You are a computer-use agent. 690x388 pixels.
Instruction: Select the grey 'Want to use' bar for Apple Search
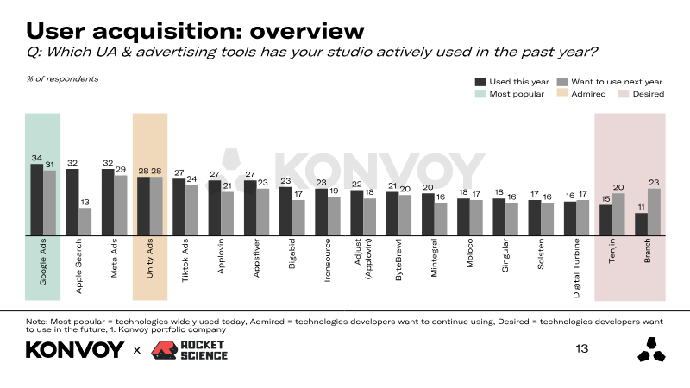85,222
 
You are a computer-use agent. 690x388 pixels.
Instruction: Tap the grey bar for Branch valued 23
655,211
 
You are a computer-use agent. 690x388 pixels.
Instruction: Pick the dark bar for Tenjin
605,220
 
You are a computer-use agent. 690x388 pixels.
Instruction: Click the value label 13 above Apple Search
85,203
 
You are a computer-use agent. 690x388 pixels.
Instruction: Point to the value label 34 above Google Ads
36,158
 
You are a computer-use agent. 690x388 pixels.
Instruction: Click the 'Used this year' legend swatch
480,81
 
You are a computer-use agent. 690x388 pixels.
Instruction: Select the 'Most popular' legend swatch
480,93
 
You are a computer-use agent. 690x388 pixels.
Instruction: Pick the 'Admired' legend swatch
564,93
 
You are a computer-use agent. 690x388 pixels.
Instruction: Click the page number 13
581,349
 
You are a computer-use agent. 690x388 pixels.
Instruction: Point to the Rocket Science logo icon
164,349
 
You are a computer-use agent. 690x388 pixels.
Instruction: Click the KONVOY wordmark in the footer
75,350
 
